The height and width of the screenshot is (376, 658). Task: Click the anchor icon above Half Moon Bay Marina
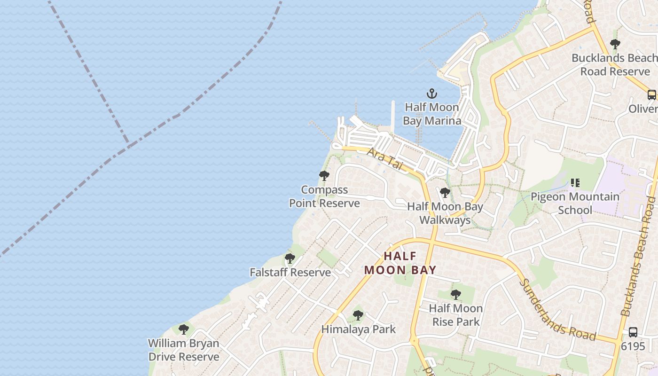431,94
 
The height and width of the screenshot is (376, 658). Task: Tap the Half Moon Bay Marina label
431,114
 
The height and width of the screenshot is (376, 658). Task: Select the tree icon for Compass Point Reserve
324,176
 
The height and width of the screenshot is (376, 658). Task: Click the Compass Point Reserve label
324,196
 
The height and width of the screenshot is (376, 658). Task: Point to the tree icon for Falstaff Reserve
290,258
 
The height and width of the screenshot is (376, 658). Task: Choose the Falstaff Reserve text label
290,273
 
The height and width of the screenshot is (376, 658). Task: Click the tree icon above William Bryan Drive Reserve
184,329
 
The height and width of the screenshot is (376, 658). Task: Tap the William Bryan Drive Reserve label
184,350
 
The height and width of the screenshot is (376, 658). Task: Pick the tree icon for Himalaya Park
358,315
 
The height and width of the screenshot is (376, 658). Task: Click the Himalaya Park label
359,329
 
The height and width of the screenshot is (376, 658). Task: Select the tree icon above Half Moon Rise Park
455,295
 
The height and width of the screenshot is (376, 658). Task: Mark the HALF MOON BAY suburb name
400,263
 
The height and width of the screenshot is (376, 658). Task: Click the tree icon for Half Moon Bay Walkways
445,193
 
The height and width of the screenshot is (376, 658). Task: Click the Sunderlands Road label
558,311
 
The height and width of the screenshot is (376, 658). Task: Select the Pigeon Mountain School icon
575,182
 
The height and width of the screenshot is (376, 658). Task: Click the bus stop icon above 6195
633,332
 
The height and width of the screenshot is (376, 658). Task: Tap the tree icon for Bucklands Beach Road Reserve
615,44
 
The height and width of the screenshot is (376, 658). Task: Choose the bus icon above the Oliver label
651,94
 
